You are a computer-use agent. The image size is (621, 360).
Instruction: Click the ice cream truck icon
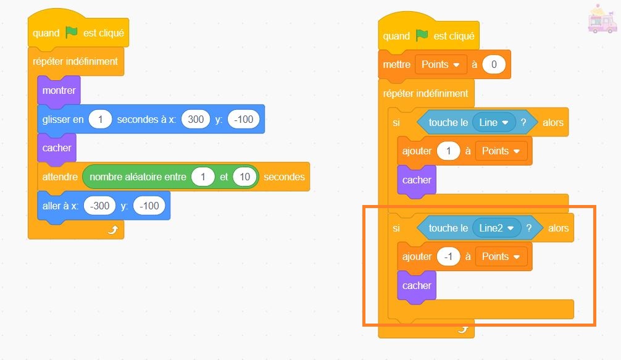point(602,19)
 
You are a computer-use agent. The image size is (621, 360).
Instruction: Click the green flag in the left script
point(72,32)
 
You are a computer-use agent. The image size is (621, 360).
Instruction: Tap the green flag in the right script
point(422,36)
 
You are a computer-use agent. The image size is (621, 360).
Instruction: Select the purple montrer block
point(59,91)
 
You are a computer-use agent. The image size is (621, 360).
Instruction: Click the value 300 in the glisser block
point(195,120)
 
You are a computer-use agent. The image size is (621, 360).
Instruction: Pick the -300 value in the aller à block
point(99,206)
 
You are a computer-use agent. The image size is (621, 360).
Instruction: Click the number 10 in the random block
point(244,177)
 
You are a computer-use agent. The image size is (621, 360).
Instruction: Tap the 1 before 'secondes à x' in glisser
point(100,120)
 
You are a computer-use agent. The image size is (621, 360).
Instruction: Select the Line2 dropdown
point(496,228)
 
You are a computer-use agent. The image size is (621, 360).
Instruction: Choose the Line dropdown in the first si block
point(493,122)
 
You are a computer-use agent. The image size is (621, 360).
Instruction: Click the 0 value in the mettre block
point(494,65)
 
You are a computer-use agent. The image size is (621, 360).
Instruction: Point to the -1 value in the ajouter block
point(448,257)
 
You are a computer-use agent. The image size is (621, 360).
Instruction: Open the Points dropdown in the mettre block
point(441,65)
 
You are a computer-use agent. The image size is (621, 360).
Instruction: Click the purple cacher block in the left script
point(57,148)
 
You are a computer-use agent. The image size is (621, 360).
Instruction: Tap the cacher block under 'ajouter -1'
point(417,286)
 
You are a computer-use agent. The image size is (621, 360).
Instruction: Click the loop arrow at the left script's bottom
point(112,230)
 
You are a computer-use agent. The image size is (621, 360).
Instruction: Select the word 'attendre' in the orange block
point(60,177)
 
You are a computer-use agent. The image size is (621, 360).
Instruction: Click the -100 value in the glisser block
point(244,120)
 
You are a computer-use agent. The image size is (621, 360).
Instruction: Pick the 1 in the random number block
point(202,177)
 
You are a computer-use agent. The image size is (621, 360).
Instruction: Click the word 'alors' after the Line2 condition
point(558,228)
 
